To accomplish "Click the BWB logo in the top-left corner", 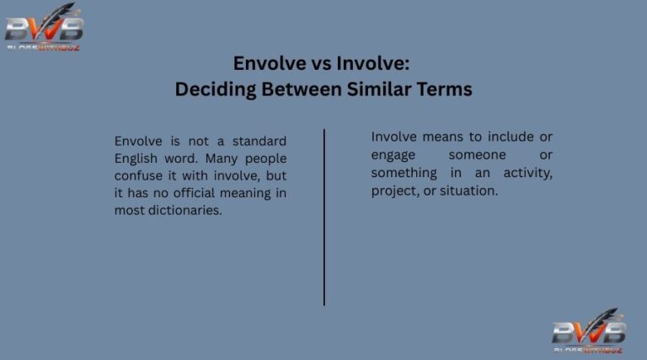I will click(44, 27).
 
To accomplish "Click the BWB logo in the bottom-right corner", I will click(588, 330).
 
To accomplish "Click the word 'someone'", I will click(477, 155).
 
